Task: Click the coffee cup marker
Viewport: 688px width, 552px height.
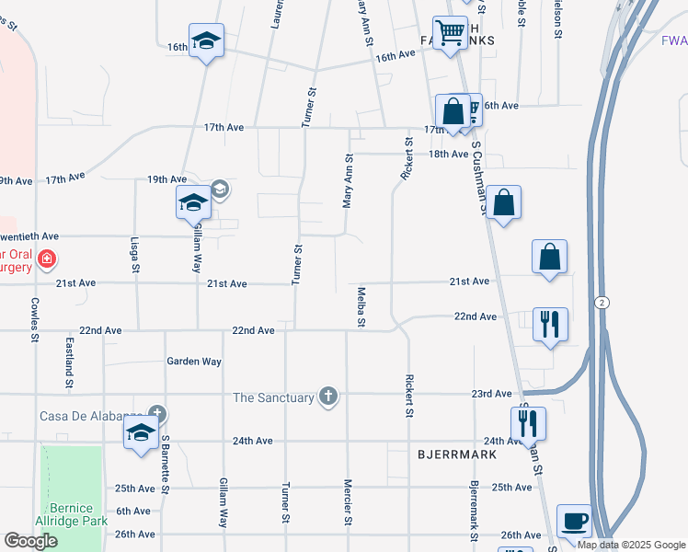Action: (574, 522)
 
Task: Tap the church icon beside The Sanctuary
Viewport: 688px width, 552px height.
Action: (328, 397)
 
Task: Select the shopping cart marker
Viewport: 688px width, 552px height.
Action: (450, 34)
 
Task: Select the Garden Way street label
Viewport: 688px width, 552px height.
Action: (194, 362)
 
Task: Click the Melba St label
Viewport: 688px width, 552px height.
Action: (361, 306)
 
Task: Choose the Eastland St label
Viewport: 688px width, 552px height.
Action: (70, 357)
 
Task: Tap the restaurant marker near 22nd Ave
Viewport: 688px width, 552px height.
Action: (550, 325)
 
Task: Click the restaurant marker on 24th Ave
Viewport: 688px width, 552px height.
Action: (528, 424)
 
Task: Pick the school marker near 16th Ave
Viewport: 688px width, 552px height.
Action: (207, 40)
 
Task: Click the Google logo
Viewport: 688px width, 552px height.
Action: (30, 541)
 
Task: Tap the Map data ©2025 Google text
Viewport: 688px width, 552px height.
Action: (630, 545)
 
